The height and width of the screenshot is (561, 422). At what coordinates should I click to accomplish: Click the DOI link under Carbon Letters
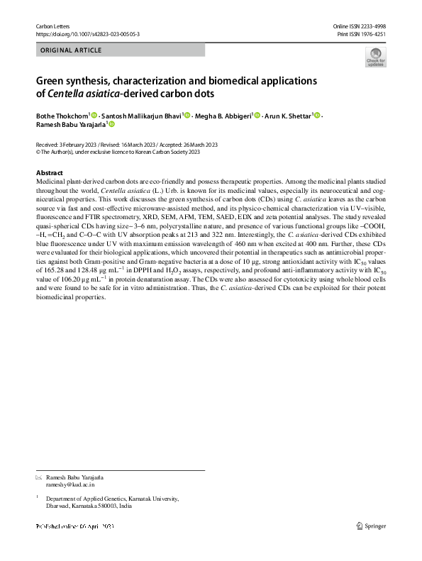(87, 33)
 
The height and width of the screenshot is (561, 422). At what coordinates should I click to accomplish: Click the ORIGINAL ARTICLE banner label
(72, 50)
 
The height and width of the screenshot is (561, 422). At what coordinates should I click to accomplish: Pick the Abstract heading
(49, 173)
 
